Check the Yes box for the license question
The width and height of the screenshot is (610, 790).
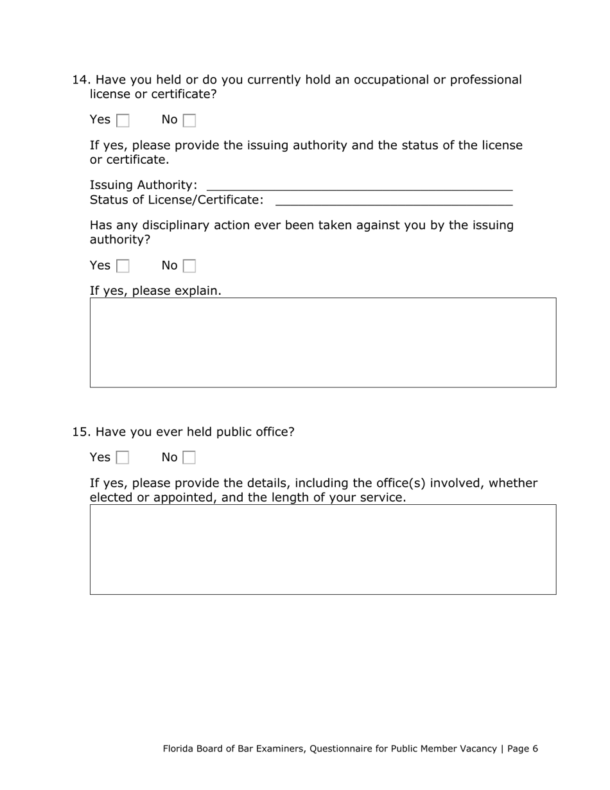click(123, 120)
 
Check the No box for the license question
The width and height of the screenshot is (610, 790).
click(189, 120)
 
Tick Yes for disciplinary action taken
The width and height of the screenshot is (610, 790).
click(123, 266)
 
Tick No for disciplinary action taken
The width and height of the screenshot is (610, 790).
click(189, 266)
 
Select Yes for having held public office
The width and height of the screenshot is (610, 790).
click(123, 458)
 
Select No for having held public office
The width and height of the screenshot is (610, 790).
click(189, 458)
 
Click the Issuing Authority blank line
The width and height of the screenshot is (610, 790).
click(360, 185)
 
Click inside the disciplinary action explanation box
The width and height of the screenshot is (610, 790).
click(323, 342)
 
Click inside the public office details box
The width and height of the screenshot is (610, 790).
click(323, 550)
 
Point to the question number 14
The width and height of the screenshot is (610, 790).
click(80, 80)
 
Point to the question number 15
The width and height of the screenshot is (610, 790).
click(80, 432)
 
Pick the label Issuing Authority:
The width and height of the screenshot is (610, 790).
click(143, 185)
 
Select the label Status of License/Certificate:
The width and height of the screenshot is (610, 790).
click(177, 200)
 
